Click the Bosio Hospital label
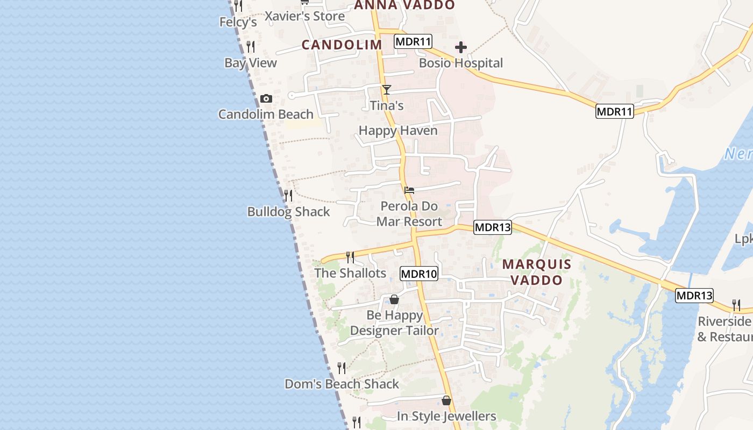pos(461,63)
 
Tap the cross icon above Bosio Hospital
pos(461,47)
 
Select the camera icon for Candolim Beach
pos(266,99)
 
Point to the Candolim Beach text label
pos(266,114)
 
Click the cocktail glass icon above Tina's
pos(386,90)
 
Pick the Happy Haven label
pos(398,131)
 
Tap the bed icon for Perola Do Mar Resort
pos(409,190)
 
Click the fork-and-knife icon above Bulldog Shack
pos(288,195)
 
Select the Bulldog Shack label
pos(288,212)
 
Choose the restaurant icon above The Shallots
pos(350,257)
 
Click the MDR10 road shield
pos(419,274)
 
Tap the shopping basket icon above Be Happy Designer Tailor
pos(394,299)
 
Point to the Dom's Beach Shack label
pos(342,384)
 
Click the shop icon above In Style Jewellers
pos(446,400)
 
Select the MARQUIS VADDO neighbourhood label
pos(536,272)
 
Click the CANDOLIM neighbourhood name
pos(342,45)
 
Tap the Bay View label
pos(251,63)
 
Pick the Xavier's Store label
pos(304,16)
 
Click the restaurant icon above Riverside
pos(736,305)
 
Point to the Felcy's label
pos(238,22)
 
